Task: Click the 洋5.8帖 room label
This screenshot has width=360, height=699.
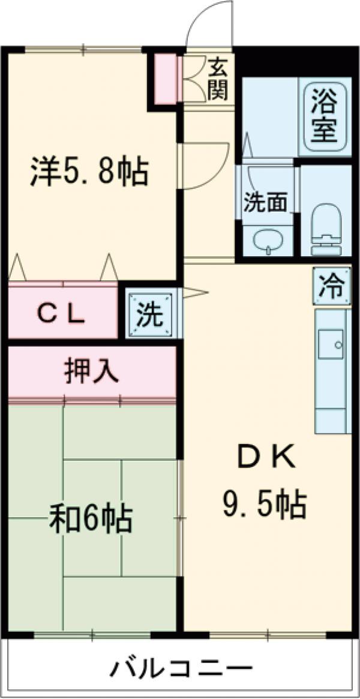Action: tap(89, 172)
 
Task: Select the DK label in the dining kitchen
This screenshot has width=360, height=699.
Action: tap(264, 459)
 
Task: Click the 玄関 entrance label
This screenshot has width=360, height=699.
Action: tap(218, 79)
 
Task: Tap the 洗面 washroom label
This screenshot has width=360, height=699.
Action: tap(265, 203)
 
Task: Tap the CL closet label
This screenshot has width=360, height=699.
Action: tap(62, 314)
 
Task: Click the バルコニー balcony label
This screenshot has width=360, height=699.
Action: tap(180, 667)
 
